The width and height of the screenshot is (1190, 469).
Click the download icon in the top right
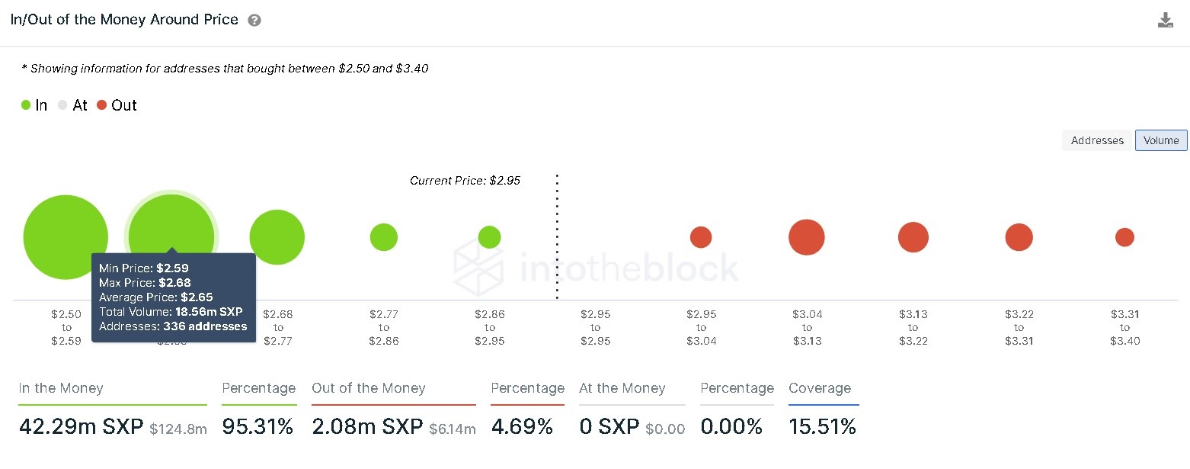click(x=1165, y=21)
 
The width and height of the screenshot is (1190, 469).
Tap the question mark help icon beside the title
click(x=254, y=21)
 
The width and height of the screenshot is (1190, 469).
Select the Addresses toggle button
click(x=1097, y=140)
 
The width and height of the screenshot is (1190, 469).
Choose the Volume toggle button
click(x=1161, y=140)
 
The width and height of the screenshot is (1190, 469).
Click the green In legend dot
click(x=26, y=105)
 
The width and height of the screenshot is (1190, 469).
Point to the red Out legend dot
click(x=102, y=105)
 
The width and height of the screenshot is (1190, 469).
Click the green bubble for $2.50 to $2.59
click(x=66, y=237)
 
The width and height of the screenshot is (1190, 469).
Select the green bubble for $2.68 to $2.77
click(x=277, y=237)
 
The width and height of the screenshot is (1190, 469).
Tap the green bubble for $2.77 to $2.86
click(x=384, y=237)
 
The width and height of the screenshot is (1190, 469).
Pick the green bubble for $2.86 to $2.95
click(x=489, y=237)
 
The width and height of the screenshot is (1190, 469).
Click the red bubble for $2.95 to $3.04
click(x=701, y=237)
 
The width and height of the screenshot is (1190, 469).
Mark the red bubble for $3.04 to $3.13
click(x=807, y=237)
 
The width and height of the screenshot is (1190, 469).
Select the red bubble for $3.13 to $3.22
click(x=913, y=237)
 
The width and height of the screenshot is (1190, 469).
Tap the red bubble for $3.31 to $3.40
click(x=1124, y=237)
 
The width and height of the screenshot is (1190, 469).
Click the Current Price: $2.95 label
click(x=465, y=181)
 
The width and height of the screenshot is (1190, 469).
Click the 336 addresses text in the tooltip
click(x=205, y=326)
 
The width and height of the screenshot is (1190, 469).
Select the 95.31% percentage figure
click(x=258, y=427)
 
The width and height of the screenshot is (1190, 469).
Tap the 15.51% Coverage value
click(x=822, y=427)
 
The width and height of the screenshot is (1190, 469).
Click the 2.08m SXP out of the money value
click(x=367, y=427)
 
